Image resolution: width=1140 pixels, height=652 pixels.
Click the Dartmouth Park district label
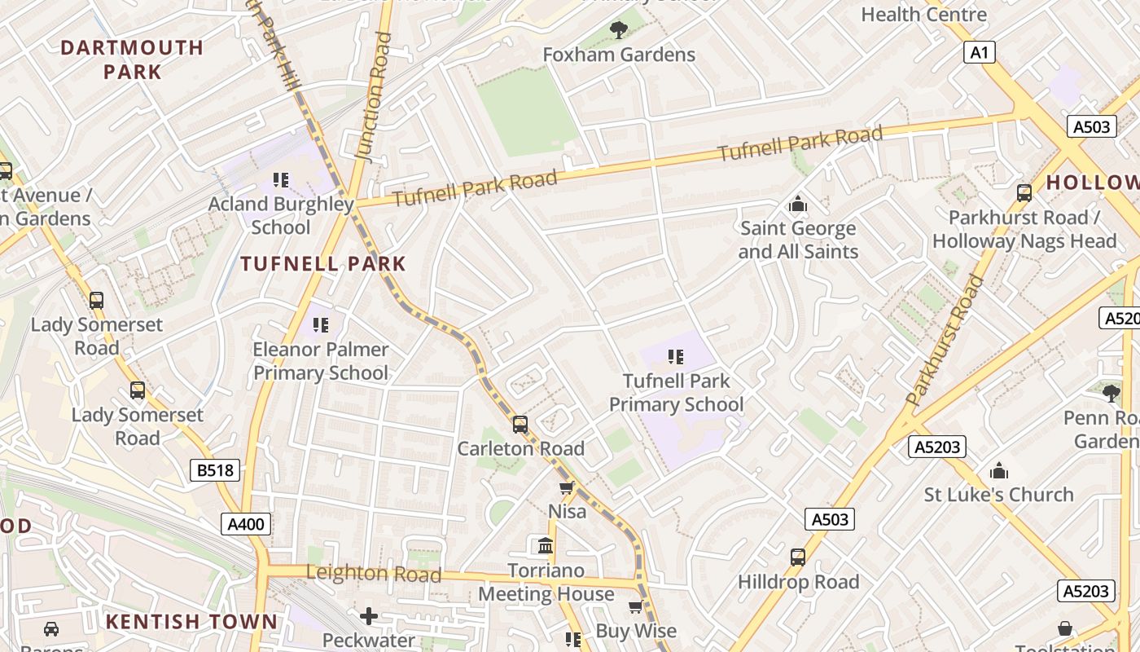point(132,59)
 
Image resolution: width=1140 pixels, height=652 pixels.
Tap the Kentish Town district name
point(191,622)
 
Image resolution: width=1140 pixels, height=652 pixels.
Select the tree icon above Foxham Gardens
point(619,31)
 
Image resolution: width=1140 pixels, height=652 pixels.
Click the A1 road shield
point(979,53)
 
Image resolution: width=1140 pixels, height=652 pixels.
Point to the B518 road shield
point(215,470)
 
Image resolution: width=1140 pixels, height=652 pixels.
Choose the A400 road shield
point(246,524)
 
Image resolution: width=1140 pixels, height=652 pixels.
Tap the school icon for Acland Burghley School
point(281,180)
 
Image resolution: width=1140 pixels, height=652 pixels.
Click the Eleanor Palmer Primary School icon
point(321,325)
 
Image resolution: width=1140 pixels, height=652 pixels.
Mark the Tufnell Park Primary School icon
point(675,357)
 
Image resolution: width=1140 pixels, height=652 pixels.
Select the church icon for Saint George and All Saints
point(798,204)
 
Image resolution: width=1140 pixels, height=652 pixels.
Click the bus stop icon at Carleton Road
point(520,425)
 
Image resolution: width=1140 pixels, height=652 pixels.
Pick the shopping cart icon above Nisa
point(567,488)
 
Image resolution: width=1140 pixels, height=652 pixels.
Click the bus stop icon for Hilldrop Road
point(798,557)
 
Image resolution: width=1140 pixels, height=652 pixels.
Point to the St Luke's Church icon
point(998,471)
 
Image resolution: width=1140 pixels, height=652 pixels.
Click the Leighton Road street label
point(374,574)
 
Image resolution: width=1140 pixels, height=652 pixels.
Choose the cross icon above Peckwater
point(369,616)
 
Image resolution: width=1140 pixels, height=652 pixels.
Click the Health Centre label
point(923,15)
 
